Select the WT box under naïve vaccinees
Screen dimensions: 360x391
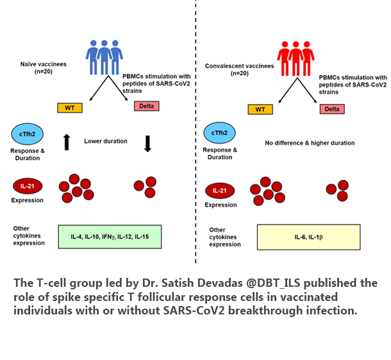click(70, 107)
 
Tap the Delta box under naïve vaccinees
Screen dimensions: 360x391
click(147, 105)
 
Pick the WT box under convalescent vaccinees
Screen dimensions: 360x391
click(260, 109)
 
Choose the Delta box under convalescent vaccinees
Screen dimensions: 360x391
click(331, 109)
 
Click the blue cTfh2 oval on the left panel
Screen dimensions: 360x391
click(27, 133)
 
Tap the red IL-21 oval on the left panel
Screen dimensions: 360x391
click(27, 187)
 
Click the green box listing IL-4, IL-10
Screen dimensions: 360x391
click(110, 237)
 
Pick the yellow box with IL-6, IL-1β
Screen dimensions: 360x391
click(308, 237)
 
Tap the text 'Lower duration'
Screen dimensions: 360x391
click(106, 141)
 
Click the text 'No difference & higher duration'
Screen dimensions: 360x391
click(310, 143)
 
